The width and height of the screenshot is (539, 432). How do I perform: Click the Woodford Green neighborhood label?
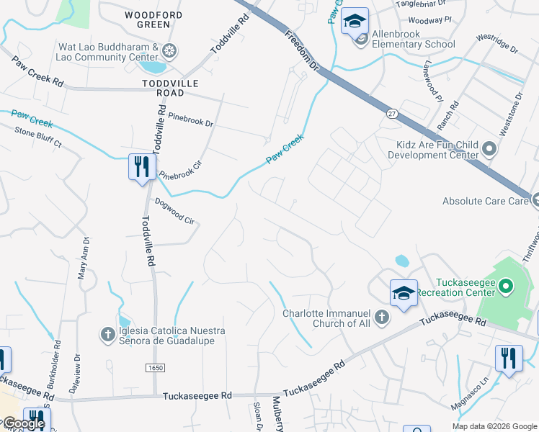click(148, 19)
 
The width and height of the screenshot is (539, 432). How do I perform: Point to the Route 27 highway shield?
click(391, 113)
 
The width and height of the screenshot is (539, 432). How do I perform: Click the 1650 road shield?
click(156, 367)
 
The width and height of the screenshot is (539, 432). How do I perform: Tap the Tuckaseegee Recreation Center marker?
click(505, 287)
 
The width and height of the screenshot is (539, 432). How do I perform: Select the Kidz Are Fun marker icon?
click(489, 150)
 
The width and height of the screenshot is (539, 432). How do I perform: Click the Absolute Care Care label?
click(485, 201)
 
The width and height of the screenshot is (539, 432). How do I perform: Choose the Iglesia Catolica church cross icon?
click(107, 333)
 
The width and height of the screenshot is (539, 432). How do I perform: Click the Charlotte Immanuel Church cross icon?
click(383, 317)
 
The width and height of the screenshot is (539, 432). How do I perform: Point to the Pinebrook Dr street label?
click(190, 119)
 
